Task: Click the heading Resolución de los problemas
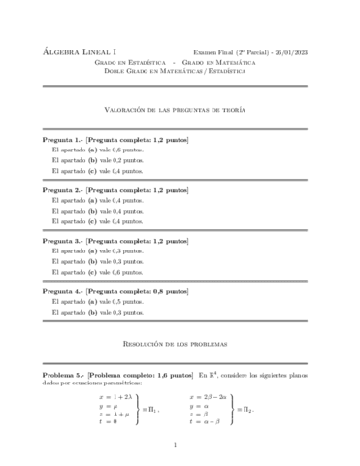pyautogui.click(x=180, y=344)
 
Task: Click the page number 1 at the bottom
pyautogui.click(x=180, y=445)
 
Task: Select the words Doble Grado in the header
pyautogui.click(x=129, y=67)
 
